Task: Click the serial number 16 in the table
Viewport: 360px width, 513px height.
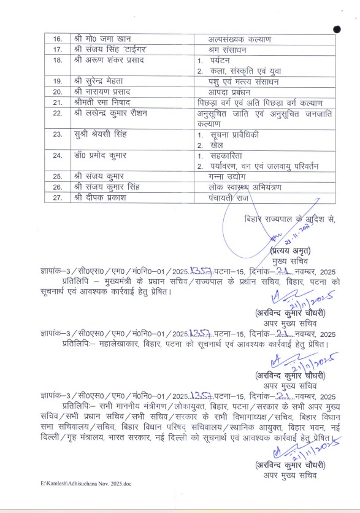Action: pos(58,39)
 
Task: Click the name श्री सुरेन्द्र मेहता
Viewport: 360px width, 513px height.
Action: pos(101,81)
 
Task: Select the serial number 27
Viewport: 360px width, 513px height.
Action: pos(58,198)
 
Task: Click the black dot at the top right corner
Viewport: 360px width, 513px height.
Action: pos(337,29)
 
